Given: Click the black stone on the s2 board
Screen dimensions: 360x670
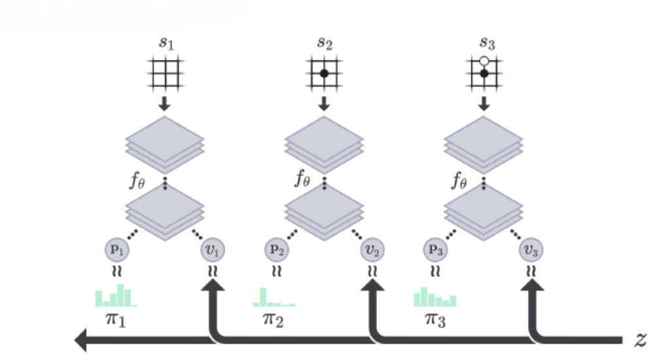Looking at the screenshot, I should coord(323,73).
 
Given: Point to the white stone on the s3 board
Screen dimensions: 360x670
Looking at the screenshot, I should coord(484,62).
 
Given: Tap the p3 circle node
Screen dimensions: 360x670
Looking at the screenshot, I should coord(435,250).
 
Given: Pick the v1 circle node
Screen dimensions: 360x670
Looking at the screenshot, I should coord(213,250).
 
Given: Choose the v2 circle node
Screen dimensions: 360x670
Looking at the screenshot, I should coord(373,250).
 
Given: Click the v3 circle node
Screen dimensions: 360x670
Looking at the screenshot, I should coord(533,250).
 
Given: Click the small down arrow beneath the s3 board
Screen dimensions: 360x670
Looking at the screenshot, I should coord(484,103).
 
